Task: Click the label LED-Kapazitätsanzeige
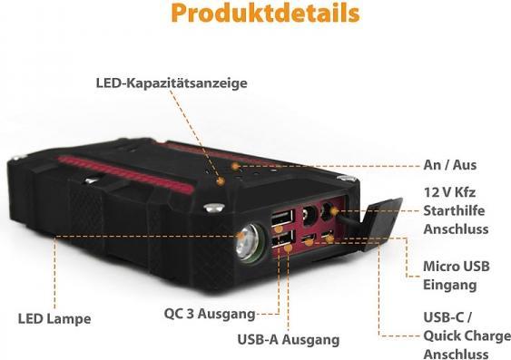pyautogui.click(x=172, y=83)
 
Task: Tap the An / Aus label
pyautogui.click(x=449, y=165)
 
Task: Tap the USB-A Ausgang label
pyautogui.click(x=288, y=340)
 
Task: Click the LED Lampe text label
pyautogui.click(x=54, y=319)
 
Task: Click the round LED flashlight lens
pyautogui.click(x=248, y=240)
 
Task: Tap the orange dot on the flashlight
pyautogui.click(x=240, y=236)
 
